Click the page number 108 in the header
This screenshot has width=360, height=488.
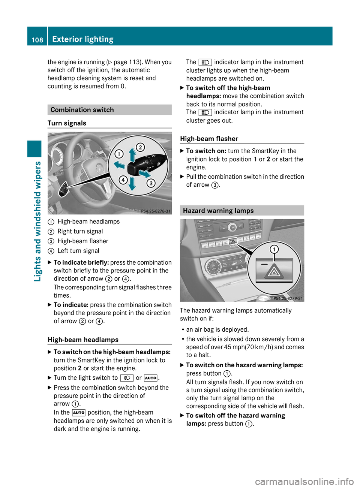point(37,40)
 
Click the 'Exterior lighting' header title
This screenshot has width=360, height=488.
point(83,39)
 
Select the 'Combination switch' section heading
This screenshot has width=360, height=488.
point(82,110)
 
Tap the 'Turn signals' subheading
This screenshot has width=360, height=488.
point(67,123)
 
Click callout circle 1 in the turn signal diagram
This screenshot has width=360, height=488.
point(119,154)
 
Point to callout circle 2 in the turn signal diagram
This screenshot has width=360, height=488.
point(140,147)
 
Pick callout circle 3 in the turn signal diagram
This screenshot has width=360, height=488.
point(151,183)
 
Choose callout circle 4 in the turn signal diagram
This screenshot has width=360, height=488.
point(123,180)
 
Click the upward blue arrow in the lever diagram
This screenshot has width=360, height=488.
point(132,154)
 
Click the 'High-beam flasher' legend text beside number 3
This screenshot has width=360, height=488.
point(83,241)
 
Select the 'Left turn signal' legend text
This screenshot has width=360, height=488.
point(78,251)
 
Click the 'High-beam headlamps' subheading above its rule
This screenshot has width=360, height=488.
point(83,340)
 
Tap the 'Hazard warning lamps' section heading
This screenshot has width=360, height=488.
point(218,211)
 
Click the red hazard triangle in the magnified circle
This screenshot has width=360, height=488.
point(274,272)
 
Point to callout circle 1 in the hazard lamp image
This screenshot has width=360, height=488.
point(274,249)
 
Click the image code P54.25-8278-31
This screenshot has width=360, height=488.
point(156,211)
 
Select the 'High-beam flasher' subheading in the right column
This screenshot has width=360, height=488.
point(209,139)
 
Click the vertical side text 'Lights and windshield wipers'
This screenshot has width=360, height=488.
point(37,221)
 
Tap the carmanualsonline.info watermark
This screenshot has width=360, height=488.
point(304,481)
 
